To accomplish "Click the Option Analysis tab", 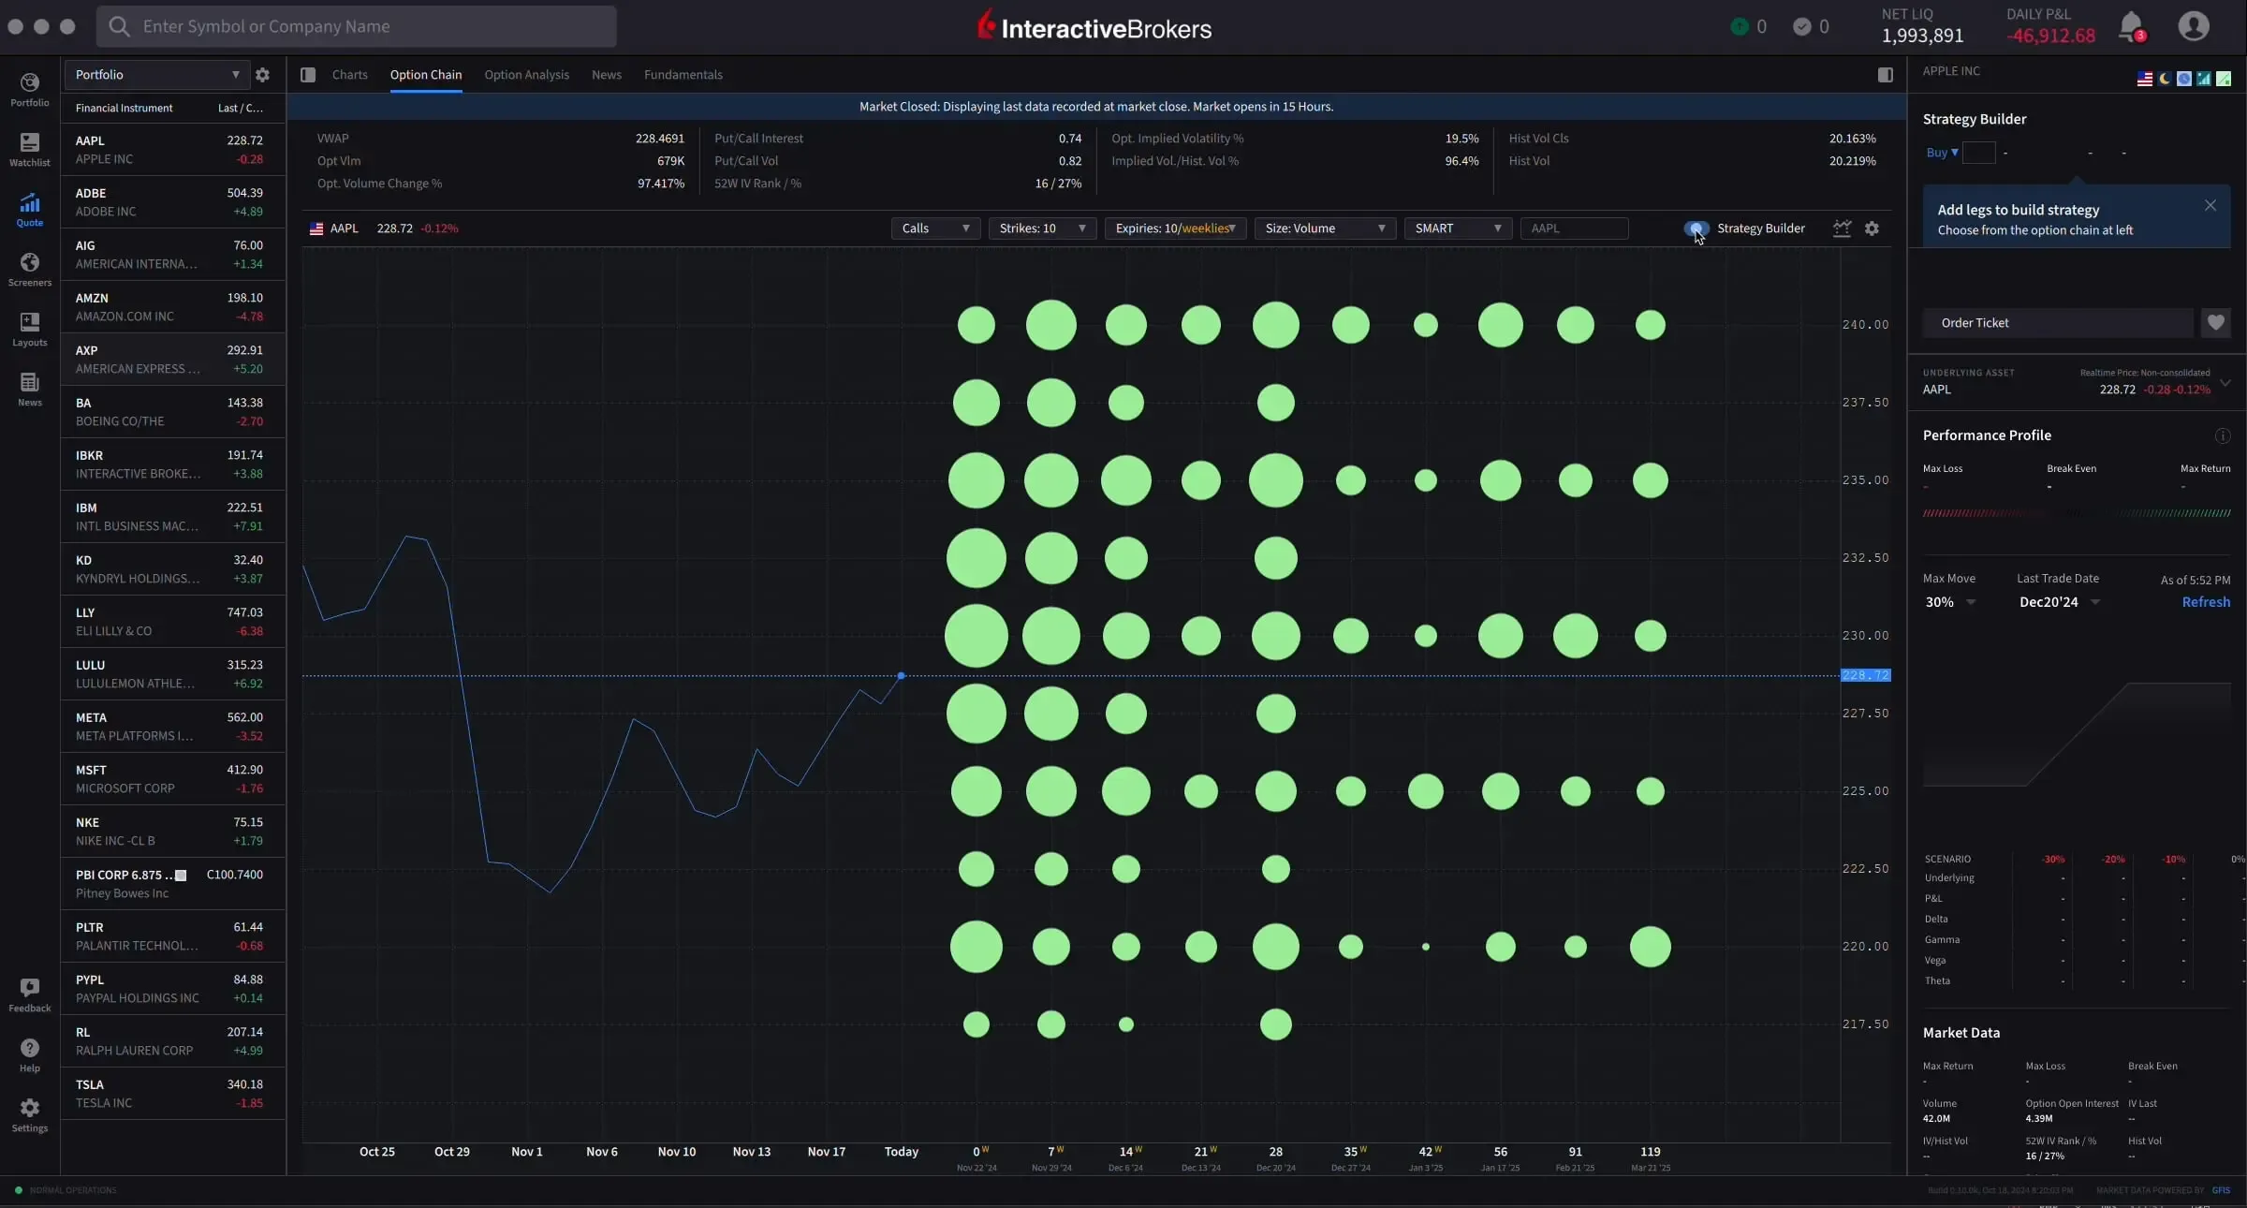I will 526,75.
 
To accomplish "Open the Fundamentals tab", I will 683,75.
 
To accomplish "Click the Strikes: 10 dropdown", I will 1042,228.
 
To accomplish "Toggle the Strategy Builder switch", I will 1696,228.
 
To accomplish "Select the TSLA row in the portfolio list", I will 169,1094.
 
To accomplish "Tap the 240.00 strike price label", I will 1865,325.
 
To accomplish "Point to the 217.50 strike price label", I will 1865,1024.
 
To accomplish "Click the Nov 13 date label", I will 751,1152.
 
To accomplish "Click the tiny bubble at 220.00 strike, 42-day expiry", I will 1426,947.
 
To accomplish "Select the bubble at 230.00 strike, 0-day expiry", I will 977,636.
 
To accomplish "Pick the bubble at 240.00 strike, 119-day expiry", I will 1650,325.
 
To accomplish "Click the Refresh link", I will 2205,602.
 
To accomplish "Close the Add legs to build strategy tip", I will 2210,206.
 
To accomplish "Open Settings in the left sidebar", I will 30,1114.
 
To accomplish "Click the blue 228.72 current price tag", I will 1865,675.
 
